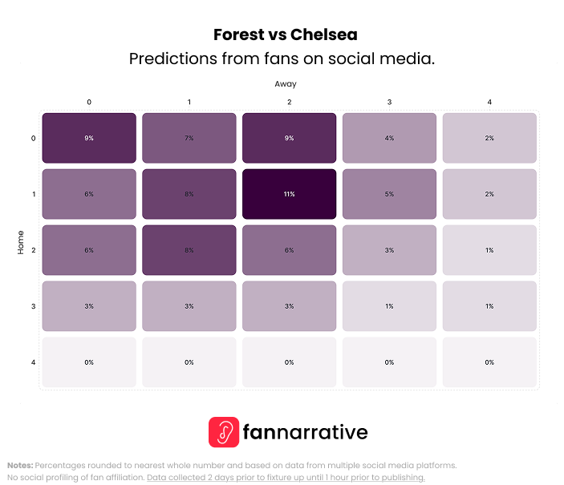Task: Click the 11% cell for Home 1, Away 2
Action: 289,194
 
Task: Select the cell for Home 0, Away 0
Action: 89,138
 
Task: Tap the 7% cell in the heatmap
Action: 189,138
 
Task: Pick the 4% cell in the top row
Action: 389,138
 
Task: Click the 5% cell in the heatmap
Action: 389,194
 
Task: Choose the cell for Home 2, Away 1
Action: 189,250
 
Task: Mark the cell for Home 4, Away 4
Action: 489,362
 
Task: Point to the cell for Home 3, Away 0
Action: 89,306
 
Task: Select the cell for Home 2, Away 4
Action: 489,250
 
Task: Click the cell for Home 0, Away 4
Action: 489,138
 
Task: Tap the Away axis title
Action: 286,83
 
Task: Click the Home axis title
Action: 21,242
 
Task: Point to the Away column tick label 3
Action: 389,102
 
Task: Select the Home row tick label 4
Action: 33,362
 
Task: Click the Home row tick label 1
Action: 33,194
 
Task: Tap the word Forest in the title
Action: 238,35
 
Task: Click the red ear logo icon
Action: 224,432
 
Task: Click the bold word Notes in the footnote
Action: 20,465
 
